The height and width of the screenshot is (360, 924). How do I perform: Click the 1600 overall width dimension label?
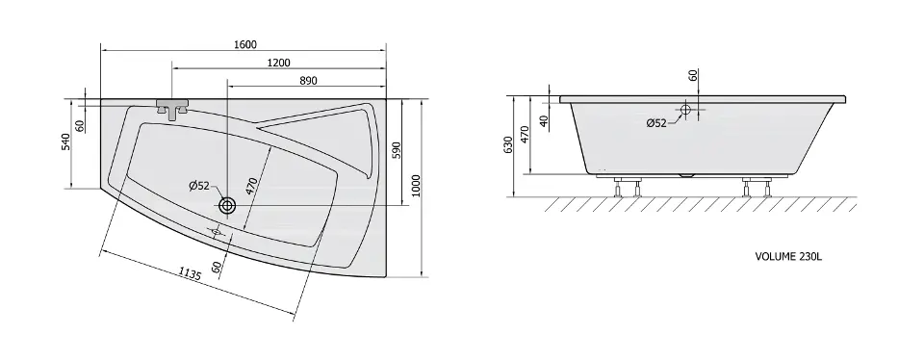point(245,45)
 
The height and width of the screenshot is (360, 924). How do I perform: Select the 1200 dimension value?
point(279,63)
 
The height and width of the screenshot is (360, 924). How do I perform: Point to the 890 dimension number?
point(308,81)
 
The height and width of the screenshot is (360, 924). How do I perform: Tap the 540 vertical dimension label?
point(65,142)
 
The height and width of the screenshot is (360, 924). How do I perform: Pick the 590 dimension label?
point(396,150)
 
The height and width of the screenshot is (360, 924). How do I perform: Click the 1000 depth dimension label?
point(416,186)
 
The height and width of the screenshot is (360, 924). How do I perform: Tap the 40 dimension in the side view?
point(545,119)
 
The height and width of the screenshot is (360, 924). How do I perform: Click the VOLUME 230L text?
point(788,256)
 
